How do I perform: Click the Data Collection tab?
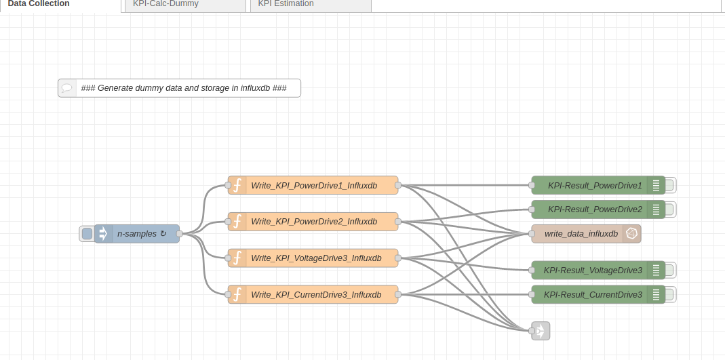39,4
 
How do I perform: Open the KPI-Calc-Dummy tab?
165,4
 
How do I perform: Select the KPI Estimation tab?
286,4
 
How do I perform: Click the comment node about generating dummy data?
183,88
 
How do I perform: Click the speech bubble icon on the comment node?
67,88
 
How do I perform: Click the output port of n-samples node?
180,234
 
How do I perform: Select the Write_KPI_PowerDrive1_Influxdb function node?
313,185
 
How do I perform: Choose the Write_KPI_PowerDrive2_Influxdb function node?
313,222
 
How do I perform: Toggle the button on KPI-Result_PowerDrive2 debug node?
670,209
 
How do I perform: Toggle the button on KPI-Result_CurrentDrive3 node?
670,295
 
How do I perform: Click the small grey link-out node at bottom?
541,331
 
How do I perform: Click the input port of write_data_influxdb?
532,234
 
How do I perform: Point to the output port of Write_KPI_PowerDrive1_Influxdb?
398,185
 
